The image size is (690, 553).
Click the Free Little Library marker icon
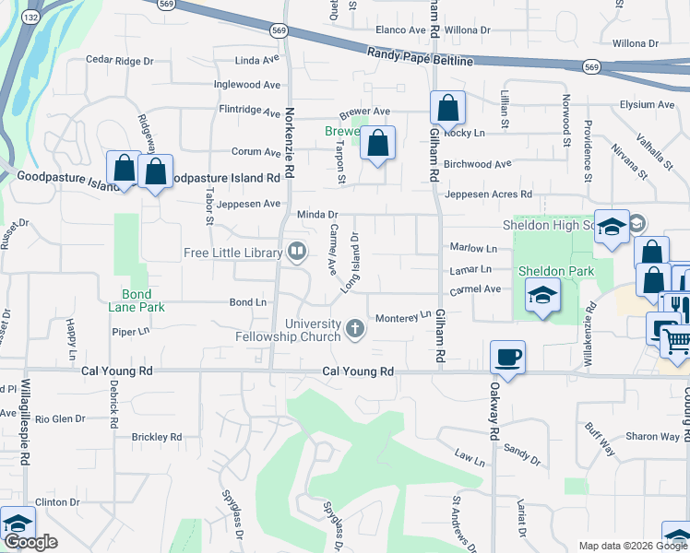point(297,251)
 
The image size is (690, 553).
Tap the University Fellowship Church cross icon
point(354,328)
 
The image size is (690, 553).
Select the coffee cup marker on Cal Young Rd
point(507,357)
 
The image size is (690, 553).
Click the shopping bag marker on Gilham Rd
point(447,109)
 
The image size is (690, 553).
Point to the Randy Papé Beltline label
point(420,57)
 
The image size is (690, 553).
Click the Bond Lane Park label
point(134,300)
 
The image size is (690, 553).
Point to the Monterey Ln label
point(403,318)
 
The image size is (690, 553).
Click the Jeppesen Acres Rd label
point(489,194)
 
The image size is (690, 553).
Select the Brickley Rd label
point(156,436)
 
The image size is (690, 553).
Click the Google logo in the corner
point(30,542)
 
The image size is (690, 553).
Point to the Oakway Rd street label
point(494,415)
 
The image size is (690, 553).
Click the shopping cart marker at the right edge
point(676,341)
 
